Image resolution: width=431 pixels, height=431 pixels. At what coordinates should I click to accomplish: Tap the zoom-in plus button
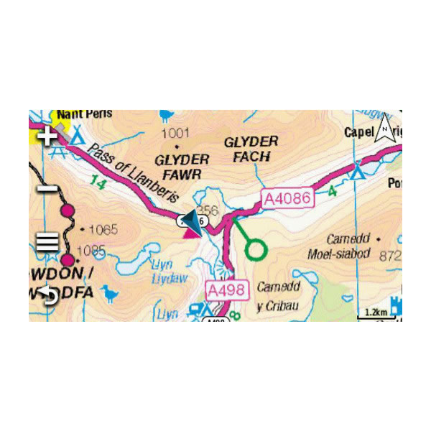[x=48, y=136]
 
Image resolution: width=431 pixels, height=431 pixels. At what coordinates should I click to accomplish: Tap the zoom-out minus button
[x=48, y=188]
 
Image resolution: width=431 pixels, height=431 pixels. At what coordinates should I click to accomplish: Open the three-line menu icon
[x=48, y=241]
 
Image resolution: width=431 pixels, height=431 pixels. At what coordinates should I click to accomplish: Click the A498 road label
[x=227, y=290]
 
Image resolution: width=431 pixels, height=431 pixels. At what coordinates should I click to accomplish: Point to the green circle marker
[x=256, y=250]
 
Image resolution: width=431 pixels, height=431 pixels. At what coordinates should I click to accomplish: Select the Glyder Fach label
[x=251, y=149]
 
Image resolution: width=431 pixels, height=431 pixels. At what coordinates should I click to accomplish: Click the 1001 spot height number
[x=176, y=133]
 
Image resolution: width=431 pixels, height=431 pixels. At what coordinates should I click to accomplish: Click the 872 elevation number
[x=391, y=256]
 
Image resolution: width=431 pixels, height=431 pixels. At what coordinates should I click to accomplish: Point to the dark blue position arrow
[x=190, y=221]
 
